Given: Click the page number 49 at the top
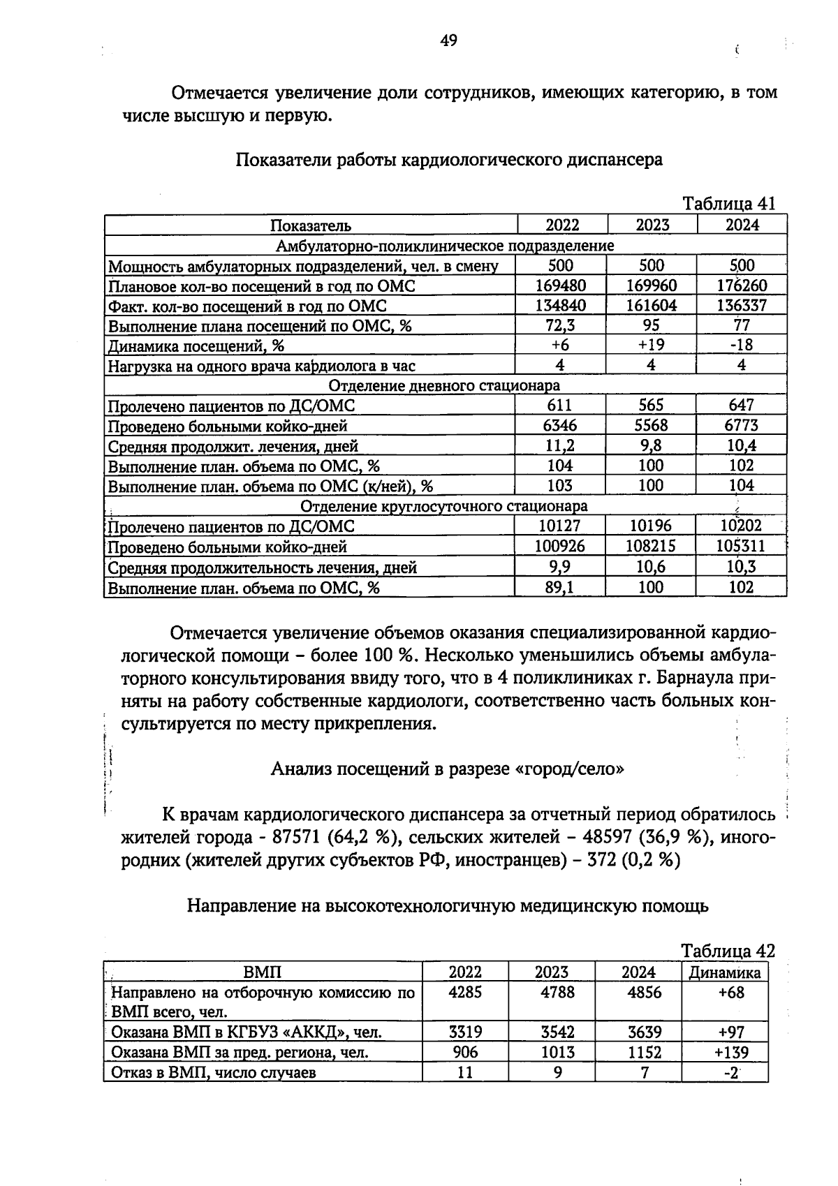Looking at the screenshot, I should coord(448,40).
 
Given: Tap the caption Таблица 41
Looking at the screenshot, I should coord(728,203).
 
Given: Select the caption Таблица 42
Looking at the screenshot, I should coord(728,951).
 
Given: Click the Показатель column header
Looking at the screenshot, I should coord(311,225).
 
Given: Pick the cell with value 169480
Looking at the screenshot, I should coord(560,286).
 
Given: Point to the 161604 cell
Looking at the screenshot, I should coord(651,305).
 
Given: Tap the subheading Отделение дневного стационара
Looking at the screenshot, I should coord(444,385).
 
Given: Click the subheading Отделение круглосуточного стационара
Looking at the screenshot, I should coord(444,505).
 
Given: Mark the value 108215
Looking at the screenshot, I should coord(651,546).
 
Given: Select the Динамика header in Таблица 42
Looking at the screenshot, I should coord(724,972).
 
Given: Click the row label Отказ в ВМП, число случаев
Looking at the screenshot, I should coord(214,1072).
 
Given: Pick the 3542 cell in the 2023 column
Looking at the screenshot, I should coord(557,1032).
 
